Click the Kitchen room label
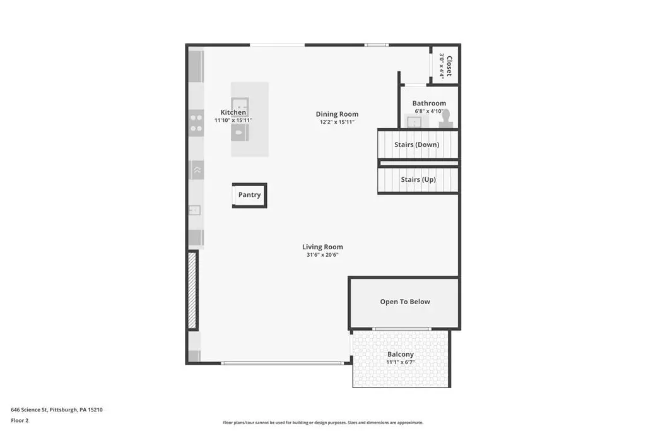coord(233,112)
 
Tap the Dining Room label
coord(337,114)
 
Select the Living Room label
coord(322,247)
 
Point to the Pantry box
coord(250,196)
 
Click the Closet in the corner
coord(445,65)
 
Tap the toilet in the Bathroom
coord(445,119)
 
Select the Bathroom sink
coord(414,122)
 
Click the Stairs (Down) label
coord(416,145)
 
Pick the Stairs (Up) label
coord(418,180)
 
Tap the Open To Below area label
coord(405,302)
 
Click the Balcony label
coord(401,355)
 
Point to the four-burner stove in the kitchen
coord(196,123)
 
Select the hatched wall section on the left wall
coord(192,290)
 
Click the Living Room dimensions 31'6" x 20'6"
coord(322,255)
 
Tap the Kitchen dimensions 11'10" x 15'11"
coord(233,121)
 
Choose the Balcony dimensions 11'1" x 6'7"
coord(401,363)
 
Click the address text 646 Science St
coord(28,410)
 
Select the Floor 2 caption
coord(20,421)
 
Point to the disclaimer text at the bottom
coord(323,423)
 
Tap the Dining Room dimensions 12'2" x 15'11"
coord(337,122)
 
